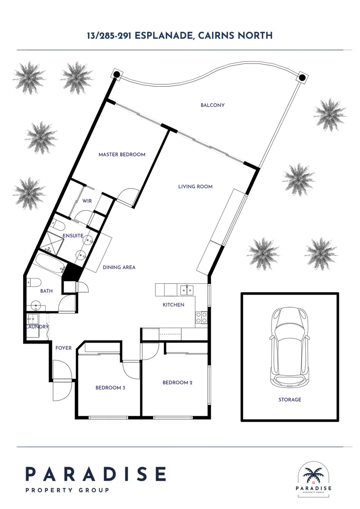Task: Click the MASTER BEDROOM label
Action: (122, 155)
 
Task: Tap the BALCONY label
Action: (212, 106)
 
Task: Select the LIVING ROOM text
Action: (195, 187)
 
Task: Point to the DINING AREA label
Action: (119, 268)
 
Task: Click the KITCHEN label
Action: (173, 305)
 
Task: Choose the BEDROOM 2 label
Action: (177, 383)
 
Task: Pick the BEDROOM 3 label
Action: (110, 388)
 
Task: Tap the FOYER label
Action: (64, 348)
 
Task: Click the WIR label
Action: (87, 201)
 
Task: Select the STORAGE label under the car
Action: (289, 400)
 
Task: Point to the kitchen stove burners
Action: (201, 318)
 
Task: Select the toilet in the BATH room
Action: (33, 283)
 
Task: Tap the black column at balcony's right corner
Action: (302, 78)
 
